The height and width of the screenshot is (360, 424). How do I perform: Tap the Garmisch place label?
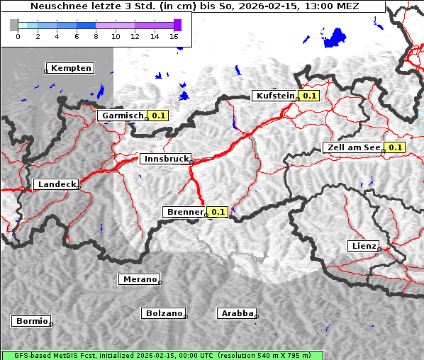tap(123, 116)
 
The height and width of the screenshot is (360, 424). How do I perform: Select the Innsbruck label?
tap(165, 159)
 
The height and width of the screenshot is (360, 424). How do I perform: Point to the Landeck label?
tap(56, 184)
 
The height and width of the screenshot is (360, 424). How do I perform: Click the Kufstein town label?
tap(275, 96)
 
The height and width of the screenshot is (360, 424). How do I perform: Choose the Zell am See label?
tap(352, 147)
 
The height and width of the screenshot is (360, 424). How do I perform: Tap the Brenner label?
tap(184, 212)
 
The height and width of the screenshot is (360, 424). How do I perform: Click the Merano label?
tap(139, 279)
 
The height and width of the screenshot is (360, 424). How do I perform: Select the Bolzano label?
tap(164, 313)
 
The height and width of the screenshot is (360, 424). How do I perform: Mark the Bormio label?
tap(31, 321)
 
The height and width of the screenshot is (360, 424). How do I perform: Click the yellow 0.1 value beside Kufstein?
tap(309, 96)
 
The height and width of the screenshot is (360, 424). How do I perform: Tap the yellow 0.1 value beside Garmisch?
tap(158, 116)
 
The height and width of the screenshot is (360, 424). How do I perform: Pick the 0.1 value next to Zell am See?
tap(395, 147)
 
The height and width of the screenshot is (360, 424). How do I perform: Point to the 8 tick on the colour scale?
tap(96, 35)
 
